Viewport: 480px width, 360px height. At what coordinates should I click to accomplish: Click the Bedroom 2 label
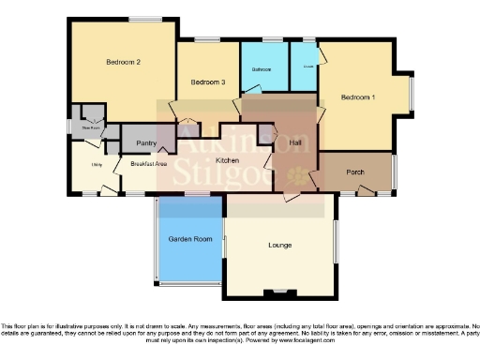pos(123,62)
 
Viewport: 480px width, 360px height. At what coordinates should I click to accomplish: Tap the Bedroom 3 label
pos(208,82)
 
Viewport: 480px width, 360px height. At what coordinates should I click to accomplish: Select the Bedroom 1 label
pos(357,97)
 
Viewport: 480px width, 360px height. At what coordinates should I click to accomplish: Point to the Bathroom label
pos(262,70)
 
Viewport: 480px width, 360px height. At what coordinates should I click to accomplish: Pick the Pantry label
pos(145,142)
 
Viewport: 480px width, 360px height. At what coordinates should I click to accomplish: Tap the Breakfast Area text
pos(149,163)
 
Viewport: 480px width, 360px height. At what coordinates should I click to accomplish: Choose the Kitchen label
pos(228,161)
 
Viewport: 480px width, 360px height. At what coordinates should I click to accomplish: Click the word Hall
pos(295,142)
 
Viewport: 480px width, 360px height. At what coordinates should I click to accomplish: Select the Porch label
pos(355,172)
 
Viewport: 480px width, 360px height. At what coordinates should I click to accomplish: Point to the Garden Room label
pos(190,240)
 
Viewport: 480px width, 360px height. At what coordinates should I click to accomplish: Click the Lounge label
pos(279,246)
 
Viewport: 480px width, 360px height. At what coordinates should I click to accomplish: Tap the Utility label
pos(96,165)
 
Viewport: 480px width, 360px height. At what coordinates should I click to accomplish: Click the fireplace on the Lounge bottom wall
pos(277,291)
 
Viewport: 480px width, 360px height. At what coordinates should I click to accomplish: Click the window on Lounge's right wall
pos(336,240)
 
